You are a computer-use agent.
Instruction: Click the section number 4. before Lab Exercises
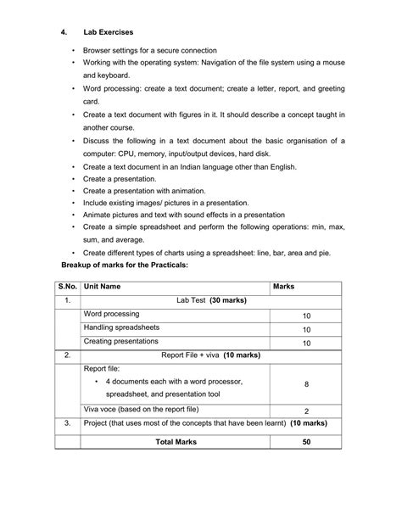click(64, 35)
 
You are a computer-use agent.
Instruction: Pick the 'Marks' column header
click(282, 287)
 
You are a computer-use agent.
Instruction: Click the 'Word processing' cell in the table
click(112, 314)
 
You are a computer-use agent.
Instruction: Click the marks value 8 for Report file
click(305, 384)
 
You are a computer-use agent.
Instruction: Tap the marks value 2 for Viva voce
click(305, 410)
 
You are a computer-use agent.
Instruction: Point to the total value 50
click(305, 442)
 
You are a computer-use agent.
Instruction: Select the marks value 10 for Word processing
click(305, 315)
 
